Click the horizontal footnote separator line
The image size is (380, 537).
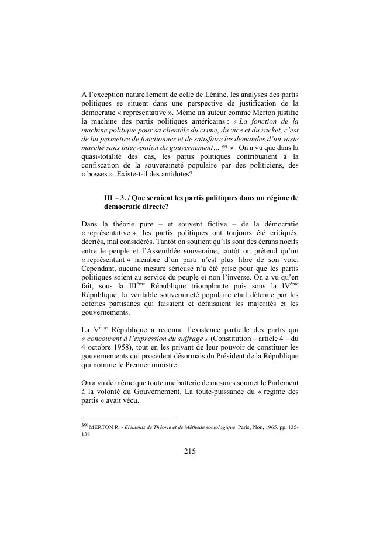(x=127, y=419)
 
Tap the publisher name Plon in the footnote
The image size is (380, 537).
(x=246, y=427)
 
